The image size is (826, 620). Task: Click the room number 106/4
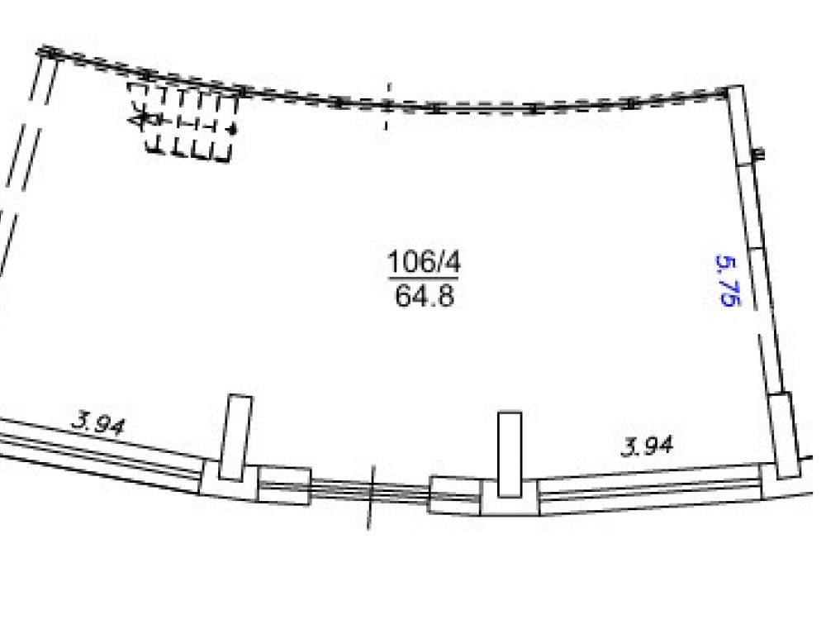pos(424,261)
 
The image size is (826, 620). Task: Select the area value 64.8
pos(424,296)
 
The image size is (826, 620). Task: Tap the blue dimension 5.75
pos(728,280)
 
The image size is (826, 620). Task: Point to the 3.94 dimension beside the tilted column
pos(98,423)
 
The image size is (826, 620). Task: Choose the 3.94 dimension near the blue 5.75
pos(648,446)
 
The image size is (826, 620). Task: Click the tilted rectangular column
pos(235,437)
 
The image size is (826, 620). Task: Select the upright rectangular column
pos(510,454)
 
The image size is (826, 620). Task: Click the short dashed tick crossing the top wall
pos(388,106)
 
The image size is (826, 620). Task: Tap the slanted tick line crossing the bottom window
pos(371,497)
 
